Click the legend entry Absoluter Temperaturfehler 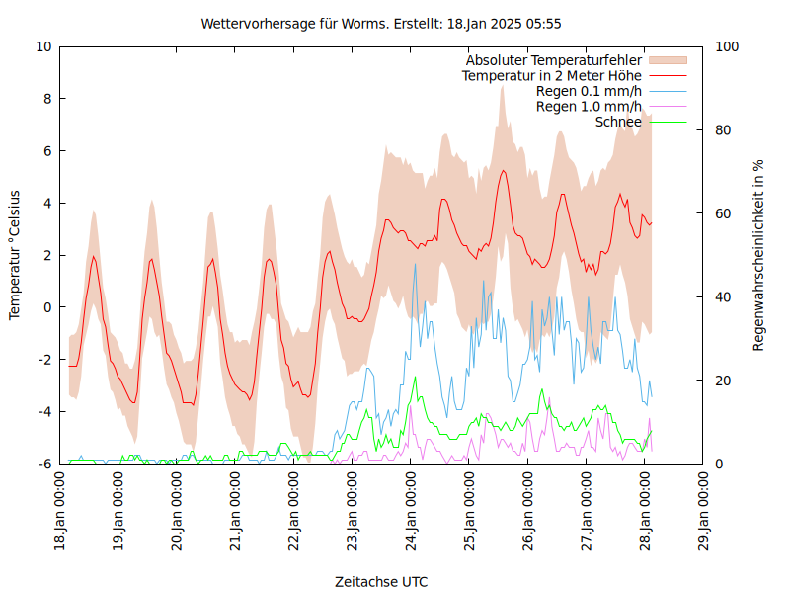(x=554, y=60)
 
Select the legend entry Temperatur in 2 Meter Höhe (x=552, y=75)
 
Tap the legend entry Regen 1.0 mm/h (x=589, y=106)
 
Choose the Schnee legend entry (x=618, y=122)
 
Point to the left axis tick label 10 (x=43, y=46)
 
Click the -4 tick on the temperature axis (x=44, y=411)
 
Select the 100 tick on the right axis (x=727, y=46)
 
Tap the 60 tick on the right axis (x=724, y=213)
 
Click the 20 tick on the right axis (x=724, y=381)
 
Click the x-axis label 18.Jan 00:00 (x=61, y=512)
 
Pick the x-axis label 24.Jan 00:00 (x=412, y=512)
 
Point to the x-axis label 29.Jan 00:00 (x=704, y=512)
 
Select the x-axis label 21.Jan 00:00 (x=237, y=512)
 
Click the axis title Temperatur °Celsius (x=15, y=255)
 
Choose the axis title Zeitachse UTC (x=381, y=581)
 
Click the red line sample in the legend (x=667, y=75)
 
